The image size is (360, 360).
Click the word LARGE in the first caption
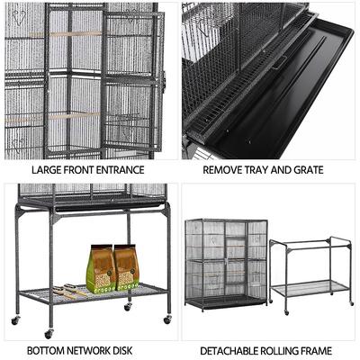click(46, 169)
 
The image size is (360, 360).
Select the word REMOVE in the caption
click(223, 169)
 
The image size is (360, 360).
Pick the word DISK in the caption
click(130, 350)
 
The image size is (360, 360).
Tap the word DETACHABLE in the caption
click(230, 350)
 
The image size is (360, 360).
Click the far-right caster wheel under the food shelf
click(167, 319)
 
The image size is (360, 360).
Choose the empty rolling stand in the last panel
click(311, 270)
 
